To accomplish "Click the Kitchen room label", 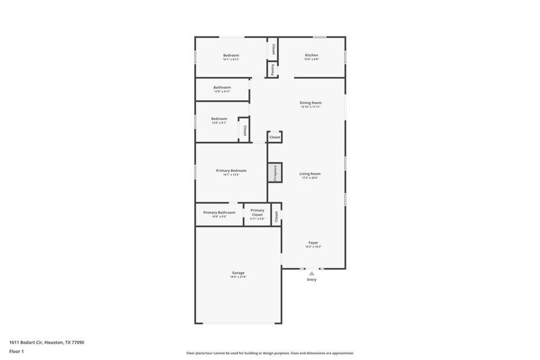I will [311, 55].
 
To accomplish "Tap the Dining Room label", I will [311, 103].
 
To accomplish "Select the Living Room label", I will [310, 173].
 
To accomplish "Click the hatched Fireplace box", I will [275, 173].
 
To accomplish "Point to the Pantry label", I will [273, 70].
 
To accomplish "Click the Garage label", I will [238, 273].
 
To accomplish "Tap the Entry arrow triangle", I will [312, 274].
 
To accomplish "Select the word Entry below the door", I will [312, 279].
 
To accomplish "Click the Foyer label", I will [313, 242].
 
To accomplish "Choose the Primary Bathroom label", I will [219, 212].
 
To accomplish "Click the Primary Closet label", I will [257, 212].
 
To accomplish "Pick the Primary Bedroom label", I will [231, 170].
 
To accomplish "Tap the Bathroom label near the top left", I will [222, 87].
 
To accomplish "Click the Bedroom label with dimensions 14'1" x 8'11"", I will [231, 55].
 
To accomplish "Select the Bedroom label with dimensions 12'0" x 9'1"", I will [219, 119].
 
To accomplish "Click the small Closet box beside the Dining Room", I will [275, 137].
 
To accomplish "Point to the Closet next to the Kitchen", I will [273, 48].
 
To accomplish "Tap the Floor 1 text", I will [16, 351].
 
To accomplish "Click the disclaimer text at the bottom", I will [270, 353].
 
